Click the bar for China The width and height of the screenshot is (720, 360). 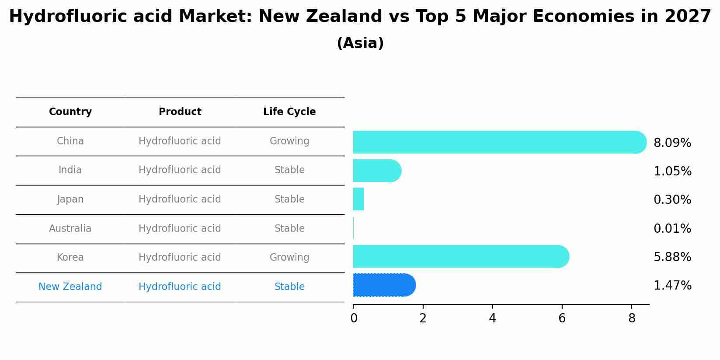coord(498,142)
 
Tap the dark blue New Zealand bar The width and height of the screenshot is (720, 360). coord(384,285)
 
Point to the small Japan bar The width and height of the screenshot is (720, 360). coord(358,199)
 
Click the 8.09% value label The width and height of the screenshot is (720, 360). coord(672,143)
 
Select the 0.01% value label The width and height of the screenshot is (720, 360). coord(672,228)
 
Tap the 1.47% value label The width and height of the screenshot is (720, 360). coord(672,286)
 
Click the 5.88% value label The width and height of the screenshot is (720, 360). coord(672,257)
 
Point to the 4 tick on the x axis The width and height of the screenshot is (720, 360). coord(492,318)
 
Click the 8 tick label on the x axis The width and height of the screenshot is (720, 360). coord(631,318)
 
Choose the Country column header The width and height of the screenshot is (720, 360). coord(70,112)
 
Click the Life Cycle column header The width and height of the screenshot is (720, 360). coord(289,112)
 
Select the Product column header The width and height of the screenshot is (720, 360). coord(180,112)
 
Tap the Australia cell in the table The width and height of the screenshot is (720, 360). coord(70,228)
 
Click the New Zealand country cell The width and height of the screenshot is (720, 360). coord(70,287)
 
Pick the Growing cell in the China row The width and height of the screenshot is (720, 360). coord(289,141)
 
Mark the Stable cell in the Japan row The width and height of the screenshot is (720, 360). coord(289,199)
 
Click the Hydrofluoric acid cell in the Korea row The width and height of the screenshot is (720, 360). coord(180,257)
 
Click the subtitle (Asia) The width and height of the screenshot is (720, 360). coord(360,43)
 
